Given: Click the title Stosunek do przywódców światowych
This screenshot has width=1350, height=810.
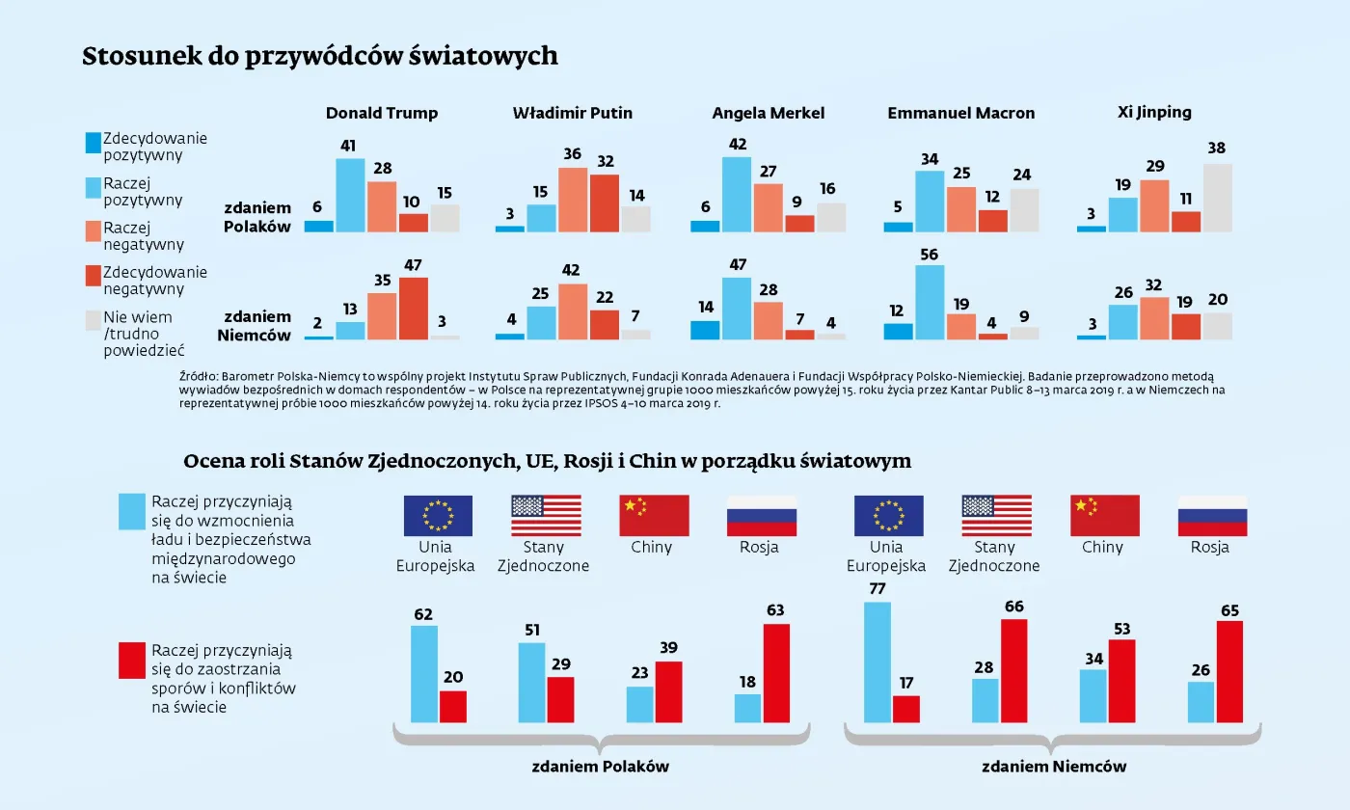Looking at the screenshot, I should pos(319,56).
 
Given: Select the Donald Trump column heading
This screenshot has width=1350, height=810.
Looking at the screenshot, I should pos(382,113).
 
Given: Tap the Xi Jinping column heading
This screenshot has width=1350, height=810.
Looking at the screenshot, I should pos(1154,112).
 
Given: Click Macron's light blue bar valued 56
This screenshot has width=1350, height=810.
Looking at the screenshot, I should pos(930,303).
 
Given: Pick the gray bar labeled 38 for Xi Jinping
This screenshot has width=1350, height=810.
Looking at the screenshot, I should pos(1217,198).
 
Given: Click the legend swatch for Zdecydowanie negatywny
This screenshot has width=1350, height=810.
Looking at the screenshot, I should pos(93,277).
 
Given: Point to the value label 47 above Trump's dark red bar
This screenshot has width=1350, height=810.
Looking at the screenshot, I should pos(413,265).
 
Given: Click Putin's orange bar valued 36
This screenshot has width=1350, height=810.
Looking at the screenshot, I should pos(573,200).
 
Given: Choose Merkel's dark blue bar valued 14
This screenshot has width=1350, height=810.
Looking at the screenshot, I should pos(705,330).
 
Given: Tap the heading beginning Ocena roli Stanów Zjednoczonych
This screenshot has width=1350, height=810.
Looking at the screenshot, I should pos(547,461).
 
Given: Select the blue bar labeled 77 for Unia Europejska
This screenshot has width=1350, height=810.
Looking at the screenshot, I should pos(877,662).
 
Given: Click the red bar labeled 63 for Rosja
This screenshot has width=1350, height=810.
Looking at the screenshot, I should pos(775,673).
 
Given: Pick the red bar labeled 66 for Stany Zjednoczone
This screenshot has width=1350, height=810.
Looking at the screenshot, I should pos(1013,670).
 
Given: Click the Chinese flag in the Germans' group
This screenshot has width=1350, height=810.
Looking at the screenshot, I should pos(1104,516).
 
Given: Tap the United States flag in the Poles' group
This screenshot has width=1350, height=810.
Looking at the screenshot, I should pos(546,516).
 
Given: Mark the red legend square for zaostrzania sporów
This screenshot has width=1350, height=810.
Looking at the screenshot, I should pos(132,661).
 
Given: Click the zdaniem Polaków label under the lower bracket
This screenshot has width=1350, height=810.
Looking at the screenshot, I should pos(600,767).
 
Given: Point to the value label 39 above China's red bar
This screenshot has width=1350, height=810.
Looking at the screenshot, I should pos(667,647).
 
